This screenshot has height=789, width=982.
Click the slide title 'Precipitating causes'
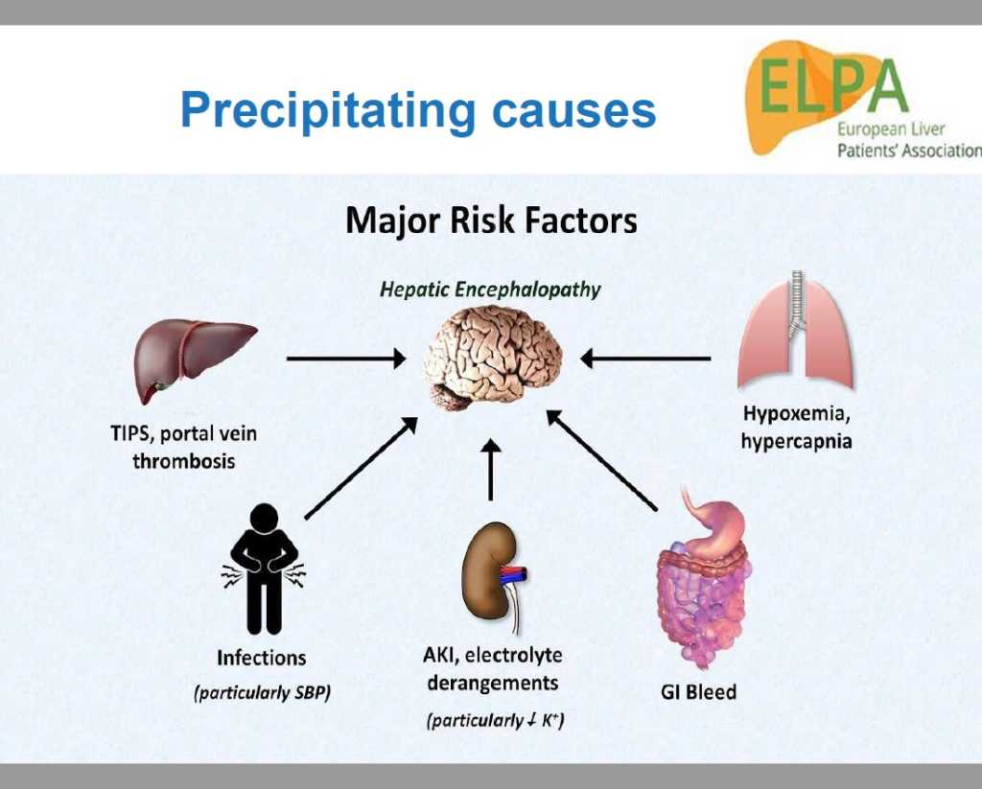[x=418, y=111]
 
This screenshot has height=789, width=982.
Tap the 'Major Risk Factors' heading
[x=492, y=221]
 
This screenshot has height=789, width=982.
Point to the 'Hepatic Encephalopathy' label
[x=490, y=290]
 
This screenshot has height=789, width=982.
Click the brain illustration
[x=492, y=358]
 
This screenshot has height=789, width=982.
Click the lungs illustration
[x=795, y=332]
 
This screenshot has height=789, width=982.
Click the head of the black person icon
[x=264, y=519]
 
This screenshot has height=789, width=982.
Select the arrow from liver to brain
[x=346, y=359]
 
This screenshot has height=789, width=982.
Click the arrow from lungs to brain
[x=645, y=359]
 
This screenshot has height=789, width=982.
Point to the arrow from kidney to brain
[x=491, y=470]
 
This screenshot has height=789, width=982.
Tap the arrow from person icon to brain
[x=362, y=468]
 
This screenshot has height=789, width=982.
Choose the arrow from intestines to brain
[x=602, y=460]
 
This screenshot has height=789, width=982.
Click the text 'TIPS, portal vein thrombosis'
[x=183, y=447]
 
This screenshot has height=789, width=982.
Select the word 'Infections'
[x=261, y=658]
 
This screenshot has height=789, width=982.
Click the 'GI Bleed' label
[x=698, y=692]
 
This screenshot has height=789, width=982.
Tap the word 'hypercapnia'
[x=796, y=441]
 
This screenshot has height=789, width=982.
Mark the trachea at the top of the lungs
[x=797, y=301]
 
